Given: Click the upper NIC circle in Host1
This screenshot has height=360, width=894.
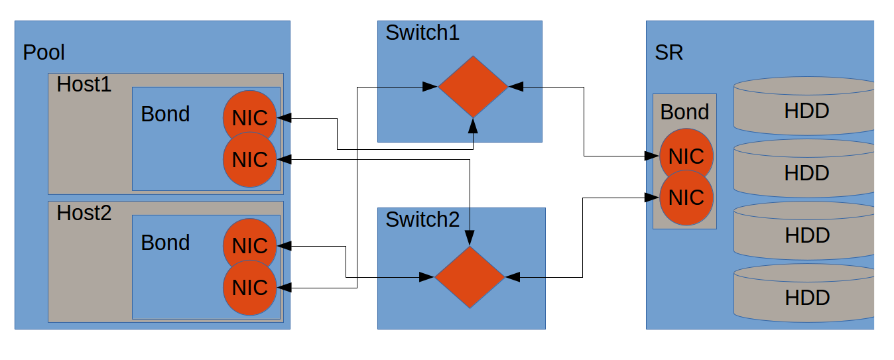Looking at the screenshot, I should coord(249,117).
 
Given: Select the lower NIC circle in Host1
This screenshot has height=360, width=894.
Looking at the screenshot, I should coord(249,159).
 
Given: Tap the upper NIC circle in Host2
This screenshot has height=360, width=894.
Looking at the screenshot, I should coord(249,246).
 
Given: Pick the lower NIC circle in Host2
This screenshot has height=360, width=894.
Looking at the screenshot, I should coord(249,287).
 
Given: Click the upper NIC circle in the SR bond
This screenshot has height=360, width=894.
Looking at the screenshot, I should coord(686,156).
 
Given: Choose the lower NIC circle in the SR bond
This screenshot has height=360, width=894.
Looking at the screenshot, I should coord(686,198).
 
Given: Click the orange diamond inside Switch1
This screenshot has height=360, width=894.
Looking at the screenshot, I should coord(473,86).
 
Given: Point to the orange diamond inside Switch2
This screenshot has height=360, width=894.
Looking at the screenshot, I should coord(470,276).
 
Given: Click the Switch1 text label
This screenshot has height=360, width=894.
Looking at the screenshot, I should coord(422,33).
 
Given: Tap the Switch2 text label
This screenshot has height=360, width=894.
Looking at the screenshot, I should coord(422,220).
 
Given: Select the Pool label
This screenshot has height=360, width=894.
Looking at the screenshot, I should coord(44,52).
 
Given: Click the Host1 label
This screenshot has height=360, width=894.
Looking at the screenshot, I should coord(84,85).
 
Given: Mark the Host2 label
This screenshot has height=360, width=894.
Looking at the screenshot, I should coord(84,213).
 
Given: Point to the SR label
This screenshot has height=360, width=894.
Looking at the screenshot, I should coord(669,53).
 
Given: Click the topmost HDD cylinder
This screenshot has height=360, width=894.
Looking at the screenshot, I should coord(806,106).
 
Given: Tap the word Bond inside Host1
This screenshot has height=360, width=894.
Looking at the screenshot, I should coord(165,114).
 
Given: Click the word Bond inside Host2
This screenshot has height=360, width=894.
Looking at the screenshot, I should coord(165,243).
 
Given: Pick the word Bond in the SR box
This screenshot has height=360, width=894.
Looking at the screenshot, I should coord(684,112).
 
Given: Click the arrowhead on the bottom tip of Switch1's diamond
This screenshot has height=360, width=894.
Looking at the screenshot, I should coord(473,123).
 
